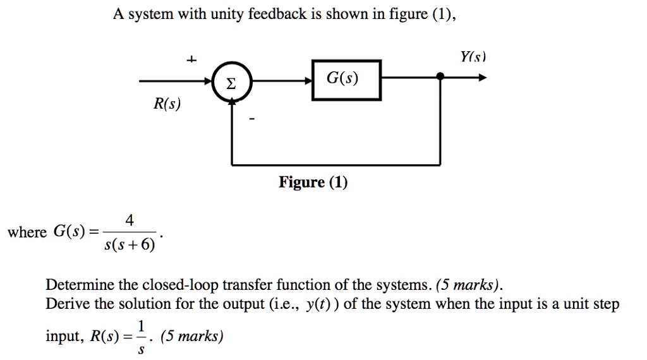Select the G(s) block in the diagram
tap(346, 80)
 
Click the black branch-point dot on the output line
tap(440, 77)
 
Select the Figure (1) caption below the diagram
tap(313, 183)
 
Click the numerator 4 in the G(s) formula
tap(129, 220)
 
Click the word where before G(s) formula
tap(27, 232)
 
